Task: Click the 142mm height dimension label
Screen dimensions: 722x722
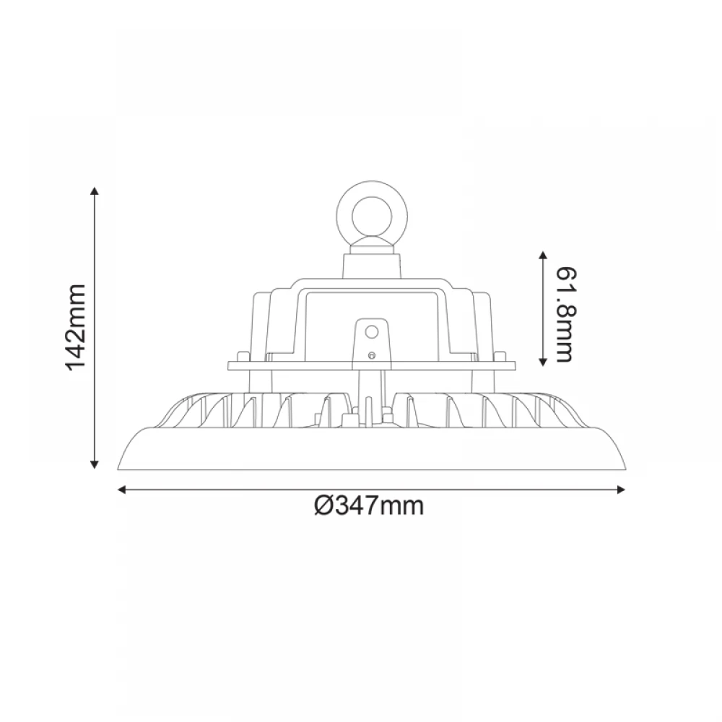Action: [76, 327]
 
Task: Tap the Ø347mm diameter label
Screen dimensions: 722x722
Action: [370, 506]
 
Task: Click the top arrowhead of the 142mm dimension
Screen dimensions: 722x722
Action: [94, 191]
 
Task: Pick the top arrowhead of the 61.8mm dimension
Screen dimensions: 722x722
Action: [541, 255]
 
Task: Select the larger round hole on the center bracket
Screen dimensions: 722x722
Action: [373, 331]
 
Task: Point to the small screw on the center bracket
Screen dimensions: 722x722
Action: [372, 355]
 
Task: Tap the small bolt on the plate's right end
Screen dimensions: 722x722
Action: [500, 356]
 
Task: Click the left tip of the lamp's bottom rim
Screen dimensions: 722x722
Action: [119, 466]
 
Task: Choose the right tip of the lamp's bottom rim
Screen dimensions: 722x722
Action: [625, 466]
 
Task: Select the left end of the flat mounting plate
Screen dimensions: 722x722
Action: [230, 366]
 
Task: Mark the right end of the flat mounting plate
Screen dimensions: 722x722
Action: [513, 366]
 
